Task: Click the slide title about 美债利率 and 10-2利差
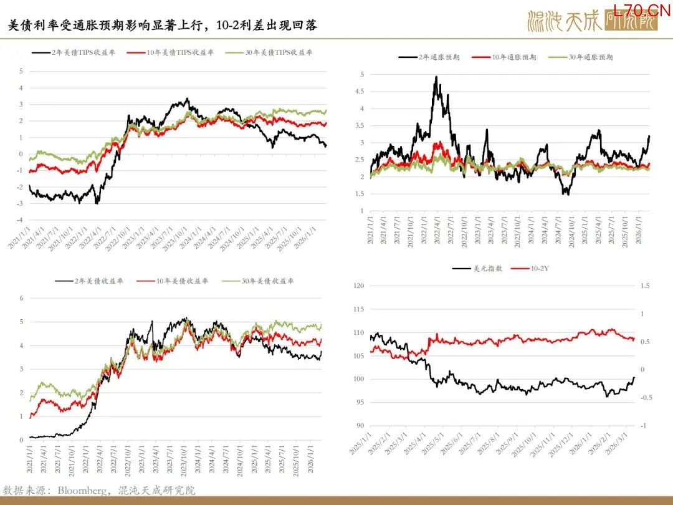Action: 163,26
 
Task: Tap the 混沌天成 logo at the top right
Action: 592,22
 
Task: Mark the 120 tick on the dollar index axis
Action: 358,286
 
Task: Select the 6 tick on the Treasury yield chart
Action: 21,298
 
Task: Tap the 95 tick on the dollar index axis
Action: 359,402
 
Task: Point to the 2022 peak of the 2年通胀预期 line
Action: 436,77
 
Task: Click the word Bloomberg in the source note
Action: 79,491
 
